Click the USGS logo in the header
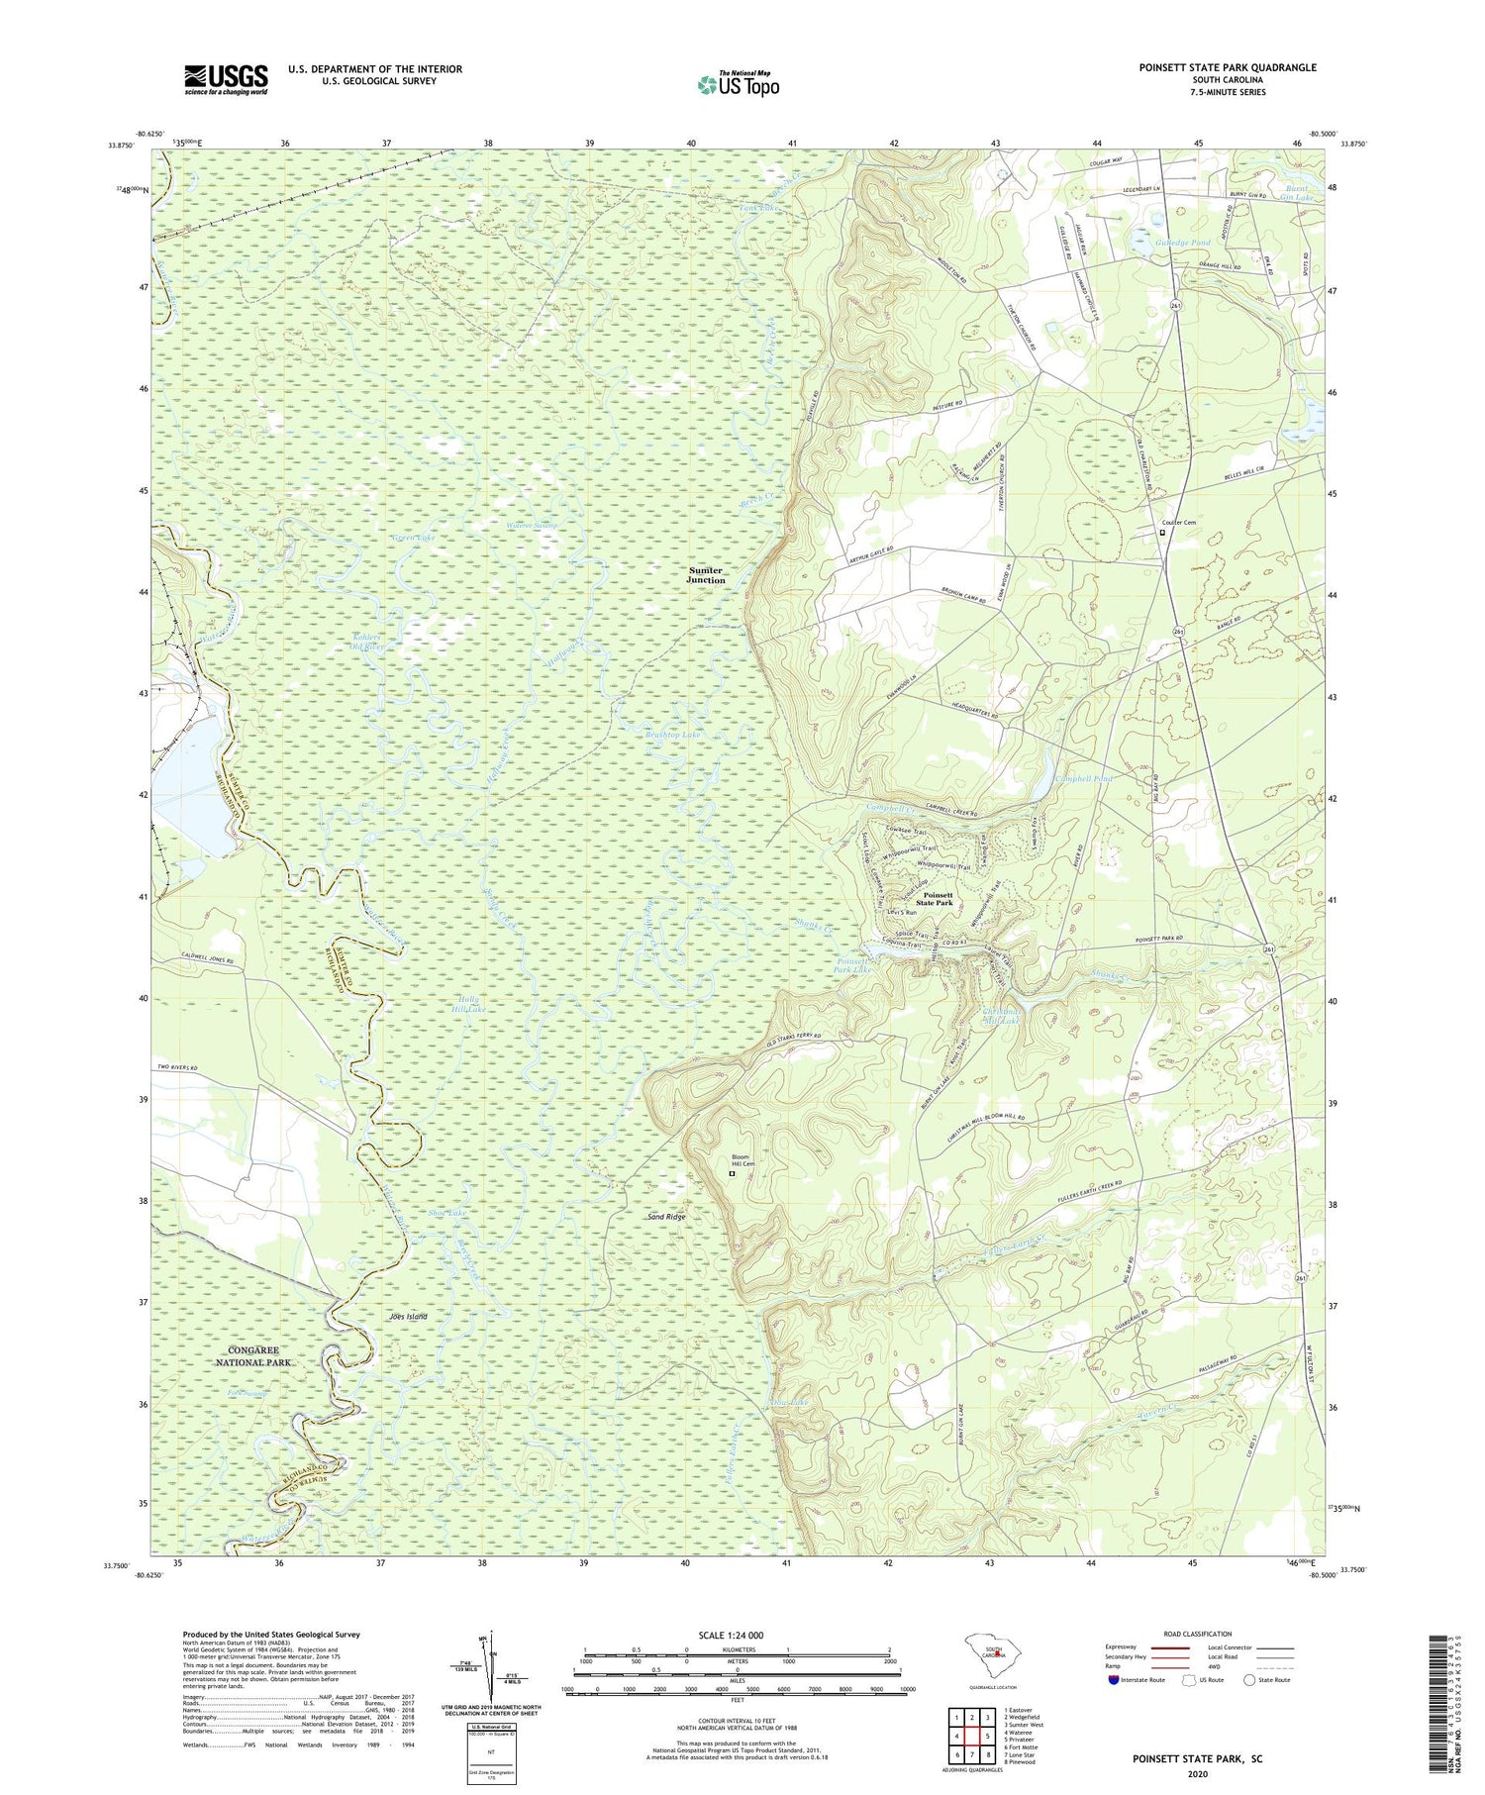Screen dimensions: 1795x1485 click(226, 79)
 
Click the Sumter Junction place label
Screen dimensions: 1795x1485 click(706, 575)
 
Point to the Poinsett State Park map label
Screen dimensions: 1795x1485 click(934, 899)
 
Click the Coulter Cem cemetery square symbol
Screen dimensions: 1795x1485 click(1163, 534)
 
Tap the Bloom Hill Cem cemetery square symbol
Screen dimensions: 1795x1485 click(732, 1174)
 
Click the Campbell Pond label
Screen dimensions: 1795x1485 click(1083, 779)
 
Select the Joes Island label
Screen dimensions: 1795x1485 click(406, 1317)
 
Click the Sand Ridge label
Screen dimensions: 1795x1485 click(666, 1217)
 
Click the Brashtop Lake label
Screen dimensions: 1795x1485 click(674, 736)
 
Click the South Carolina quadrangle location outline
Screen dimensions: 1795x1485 click(990, 1654)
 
